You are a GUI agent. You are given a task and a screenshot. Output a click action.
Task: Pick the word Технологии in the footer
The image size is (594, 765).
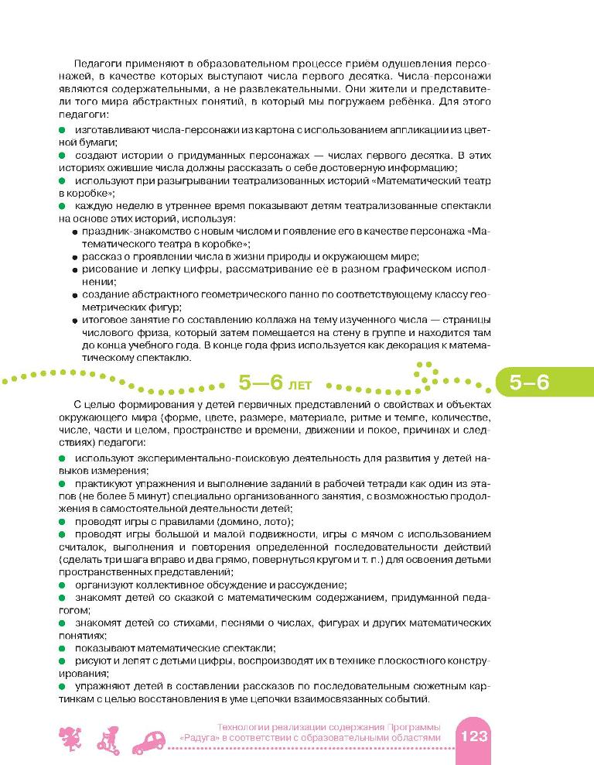(x=244, y=727)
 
